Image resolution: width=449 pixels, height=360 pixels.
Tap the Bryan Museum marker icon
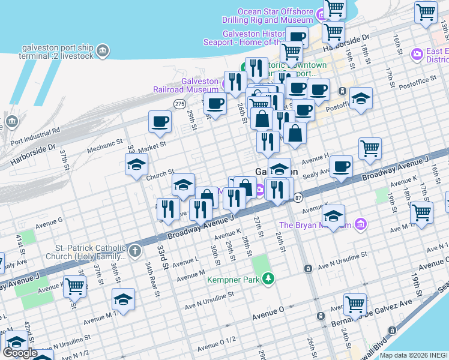[x=360, y=225]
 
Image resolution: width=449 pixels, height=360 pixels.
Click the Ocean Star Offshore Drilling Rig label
[x=275, y=16]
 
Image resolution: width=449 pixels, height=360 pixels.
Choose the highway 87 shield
[x=298, y=197]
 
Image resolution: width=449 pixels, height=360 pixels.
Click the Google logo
[x=20, y=353]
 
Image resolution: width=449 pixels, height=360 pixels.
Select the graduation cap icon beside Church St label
[x=137, y=164]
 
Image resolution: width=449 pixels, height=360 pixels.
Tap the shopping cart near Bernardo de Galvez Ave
[x=355, y=304]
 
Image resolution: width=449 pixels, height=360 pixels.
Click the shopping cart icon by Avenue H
[x=370, y=148]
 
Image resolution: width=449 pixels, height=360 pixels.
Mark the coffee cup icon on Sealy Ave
[x=341, y=166]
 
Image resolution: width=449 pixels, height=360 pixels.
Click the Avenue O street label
[x=268, y=314]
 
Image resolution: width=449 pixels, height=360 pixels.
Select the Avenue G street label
[x=49, y=221]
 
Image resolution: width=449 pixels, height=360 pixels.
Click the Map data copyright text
[x=414, y=355]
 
